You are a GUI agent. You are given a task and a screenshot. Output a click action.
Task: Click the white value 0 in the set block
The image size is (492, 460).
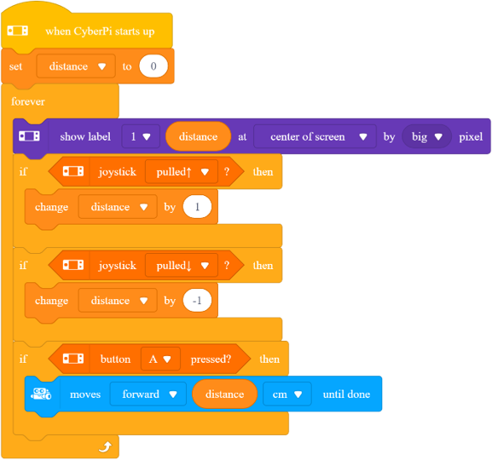tap(153, 66)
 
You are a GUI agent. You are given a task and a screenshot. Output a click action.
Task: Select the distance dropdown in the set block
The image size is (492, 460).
tap(76, 66)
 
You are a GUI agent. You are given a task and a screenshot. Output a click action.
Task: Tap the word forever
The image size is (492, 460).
tap(28, 101)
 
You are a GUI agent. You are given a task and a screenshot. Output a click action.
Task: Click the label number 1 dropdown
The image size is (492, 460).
tap(141, 136)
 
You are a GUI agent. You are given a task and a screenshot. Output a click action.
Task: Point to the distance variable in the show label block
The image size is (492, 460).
tap(198, 136)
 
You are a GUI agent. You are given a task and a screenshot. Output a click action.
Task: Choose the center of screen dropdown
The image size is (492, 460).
tap(315, 136)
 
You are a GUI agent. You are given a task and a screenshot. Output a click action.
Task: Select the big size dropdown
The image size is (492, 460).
tap(426, 136)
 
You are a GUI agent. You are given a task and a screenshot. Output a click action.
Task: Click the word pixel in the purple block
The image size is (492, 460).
tap(471, 136)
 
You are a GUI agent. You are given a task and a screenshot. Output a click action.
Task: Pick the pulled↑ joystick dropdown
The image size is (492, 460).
tap(182, 172)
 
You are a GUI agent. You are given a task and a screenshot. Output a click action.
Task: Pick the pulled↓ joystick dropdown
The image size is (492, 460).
tap(182, 266)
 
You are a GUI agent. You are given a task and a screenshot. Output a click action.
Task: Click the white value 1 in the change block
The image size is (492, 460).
tap(197, 207)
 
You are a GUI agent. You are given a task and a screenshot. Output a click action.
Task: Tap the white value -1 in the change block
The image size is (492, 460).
tap(197, 301)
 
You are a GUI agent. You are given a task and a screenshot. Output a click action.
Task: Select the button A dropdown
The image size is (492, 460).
tap(160, 359)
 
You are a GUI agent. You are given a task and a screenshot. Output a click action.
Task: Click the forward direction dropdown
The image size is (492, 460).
tap(148, 394)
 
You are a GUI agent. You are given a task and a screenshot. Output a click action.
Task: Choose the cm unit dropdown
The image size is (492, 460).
tap(287, 394)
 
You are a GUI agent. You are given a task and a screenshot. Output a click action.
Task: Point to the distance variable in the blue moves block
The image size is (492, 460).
tap(224, 394)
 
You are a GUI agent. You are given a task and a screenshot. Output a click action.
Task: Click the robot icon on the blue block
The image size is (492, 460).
tap(41, 394)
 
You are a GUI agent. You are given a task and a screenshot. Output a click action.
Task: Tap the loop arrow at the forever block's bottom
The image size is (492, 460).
tap(105, 447)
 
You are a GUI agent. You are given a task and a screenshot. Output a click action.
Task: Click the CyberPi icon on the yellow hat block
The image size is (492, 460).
tap(18, 31)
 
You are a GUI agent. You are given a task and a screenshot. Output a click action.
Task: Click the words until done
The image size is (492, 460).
tap(346, 394)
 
